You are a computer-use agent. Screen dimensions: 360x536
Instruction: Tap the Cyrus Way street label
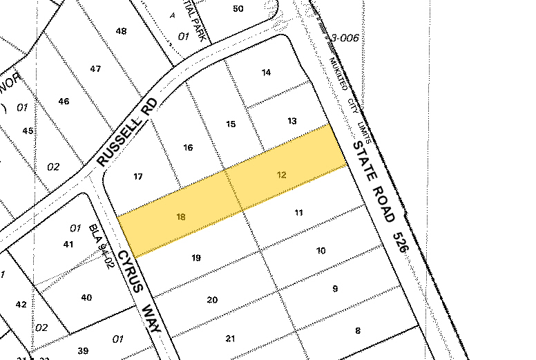[x=138, y=290]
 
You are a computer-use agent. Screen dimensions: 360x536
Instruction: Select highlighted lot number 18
[x=181, y=217]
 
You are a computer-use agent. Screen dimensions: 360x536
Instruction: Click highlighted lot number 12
[x=281, y=175]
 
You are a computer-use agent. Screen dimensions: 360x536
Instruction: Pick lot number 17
[x=138, y=177]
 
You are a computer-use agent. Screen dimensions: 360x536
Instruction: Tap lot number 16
[x=187, y=147]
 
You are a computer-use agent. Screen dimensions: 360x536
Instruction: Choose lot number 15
[x=231, y=124]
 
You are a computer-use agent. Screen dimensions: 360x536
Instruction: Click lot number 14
[x=267, y=73]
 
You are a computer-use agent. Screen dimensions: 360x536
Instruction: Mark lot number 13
[x=292, y=121]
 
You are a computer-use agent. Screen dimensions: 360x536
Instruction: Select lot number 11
[x=299, y=213]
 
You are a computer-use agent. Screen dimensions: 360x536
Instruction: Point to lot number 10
[x=320, y=250]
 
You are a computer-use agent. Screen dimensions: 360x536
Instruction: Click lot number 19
[x=196, y=258]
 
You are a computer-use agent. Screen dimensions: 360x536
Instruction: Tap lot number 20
[x=212, y=299]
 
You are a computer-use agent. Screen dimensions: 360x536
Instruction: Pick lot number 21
[x=231, y=339]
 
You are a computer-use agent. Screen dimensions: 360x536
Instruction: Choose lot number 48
[x=122, y=31]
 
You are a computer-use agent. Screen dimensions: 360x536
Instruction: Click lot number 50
[x=238, y=8]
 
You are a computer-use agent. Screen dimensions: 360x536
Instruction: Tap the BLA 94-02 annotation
[x=101, y=241]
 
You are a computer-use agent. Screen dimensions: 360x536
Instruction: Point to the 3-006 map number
[x=345, y=39]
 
